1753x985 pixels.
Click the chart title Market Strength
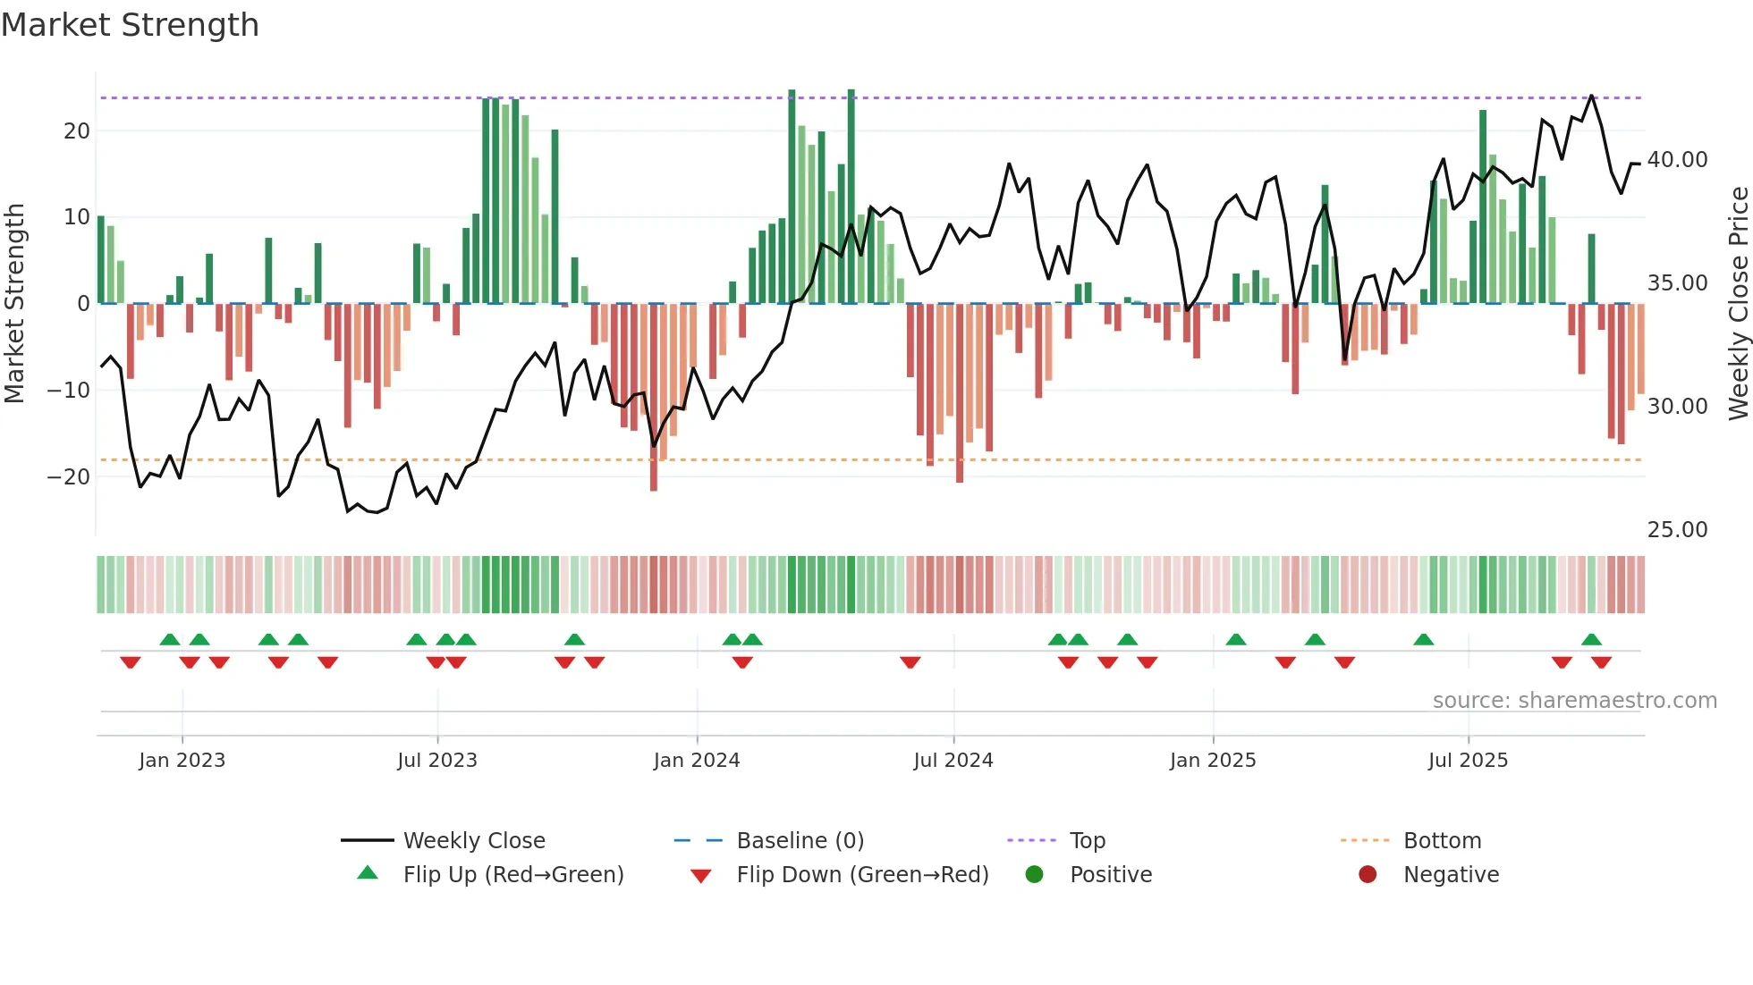pos(130,25)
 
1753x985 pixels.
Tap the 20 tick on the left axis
pos(77,131)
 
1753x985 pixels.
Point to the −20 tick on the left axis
pos(69,477)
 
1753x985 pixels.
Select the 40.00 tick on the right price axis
pos(1677,160)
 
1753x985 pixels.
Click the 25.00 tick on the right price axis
pos(1677,530)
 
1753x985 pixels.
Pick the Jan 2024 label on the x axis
pos(697,761)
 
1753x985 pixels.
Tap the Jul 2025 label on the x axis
pos(1468,761)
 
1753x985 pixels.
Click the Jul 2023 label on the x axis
pos(437,761)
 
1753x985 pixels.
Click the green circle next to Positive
pos(1035,875)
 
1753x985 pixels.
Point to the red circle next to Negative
pos(1368,875)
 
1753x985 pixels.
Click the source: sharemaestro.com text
pos(1574,701)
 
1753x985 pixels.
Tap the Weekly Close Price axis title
pos(1738,304)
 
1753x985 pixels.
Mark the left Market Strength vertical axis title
pos(14,304)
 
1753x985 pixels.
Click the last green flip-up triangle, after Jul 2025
pos(1591,640)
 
